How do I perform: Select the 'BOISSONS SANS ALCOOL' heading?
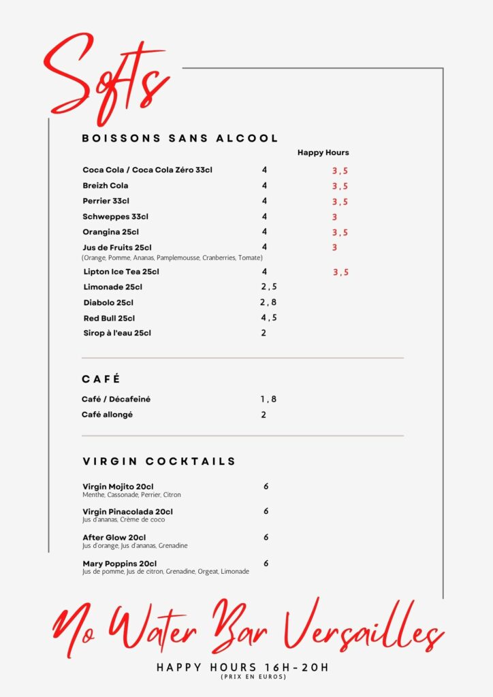180,138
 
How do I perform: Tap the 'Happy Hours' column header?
323,152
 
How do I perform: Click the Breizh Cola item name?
106,186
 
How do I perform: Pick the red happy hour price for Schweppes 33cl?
334,217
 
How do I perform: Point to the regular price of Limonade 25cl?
268,287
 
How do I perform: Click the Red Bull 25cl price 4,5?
268,318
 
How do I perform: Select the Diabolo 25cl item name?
108,303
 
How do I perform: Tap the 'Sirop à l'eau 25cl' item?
117,334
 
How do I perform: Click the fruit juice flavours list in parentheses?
172,258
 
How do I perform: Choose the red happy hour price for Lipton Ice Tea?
340,272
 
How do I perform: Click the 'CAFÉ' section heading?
101,379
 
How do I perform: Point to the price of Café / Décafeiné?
268,400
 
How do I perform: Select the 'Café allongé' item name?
107,415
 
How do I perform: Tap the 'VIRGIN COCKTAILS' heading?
159,461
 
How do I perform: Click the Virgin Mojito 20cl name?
118,487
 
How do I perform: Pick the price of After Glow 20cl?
266,537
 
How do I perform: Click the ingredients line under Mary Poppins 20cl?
165,572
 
